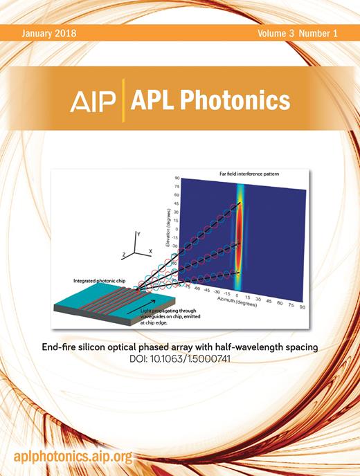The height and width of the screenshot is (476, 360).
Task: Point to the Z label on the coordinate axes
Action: [x=125, y=255]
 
